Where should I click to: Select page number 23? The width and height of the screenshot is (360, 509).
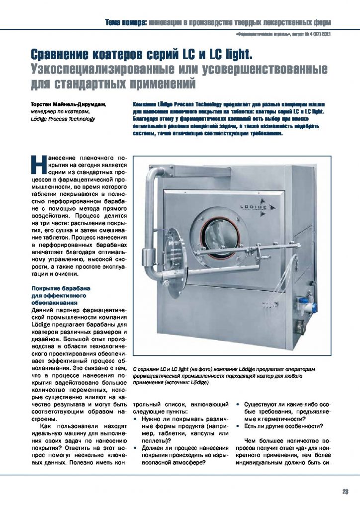(x=345, y=492)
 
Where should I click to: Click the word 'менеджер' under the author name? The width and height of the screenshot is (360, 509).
(x=45, y=112)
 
